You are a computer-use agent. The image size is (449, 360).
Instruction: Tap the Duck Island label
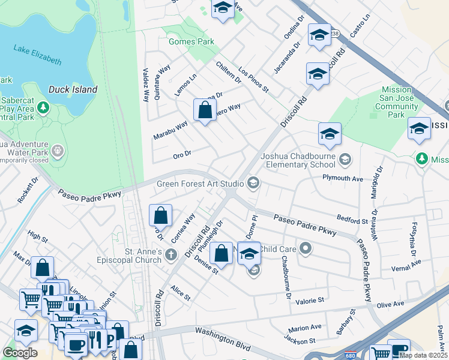click(73, 89)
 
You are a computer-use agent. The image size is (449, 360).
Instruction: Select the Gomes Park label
click(191, 42)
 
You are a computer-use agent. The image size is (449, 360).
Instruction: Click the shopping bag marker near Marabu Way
click(205, 110)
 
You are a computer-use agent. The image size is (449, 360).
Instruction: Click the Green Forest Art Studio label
click(200, 183)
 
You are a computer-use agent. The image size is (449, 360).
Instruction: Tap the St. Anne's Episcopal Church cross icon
click(171, 256)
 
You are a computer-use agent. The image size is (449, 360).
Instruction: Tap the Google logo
click(20, 353)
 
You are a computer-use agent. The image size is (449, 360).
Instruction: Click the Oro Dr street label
click(181, 154)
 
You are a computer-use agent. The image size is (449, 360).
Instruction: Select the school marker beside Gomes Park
click(223, 9)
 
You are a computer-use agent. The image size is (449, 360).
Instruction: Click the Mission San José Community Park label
click(396, 102)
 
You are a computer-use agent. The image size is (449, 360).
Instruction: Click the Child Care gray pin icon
click(306, 248)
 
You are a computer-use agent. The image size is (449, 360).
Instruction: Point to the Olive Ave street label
click(390, 305)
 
